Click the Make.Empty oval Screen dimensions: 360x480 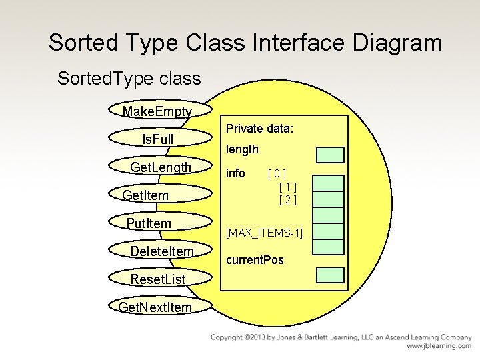158,111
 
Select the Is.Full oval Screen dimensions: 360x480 157,139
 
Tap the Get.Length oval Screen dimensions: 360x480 161,167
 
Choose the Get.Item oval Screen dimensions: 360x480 146,195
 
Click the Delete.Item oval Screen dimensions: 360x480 162,251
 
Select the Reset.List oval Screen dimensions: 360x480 158,279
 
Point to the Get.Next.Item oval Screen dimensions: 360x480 155,307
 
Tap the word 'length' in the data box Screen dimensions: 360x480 242,149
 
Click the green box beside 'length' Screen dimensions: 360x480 329,155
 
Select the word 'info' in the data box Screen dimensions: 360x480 236,173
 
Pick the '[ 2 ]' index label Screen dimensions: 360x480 287,199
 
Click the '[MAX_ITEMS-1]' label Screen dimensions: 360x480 265,233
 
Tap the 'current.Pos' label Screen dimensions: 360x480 255,259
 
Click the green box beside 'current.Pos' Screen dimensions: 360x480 329,275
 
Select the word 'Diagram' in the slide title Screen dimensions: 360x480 387,43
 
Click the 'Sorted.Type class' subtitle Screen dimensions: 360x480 129,79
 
